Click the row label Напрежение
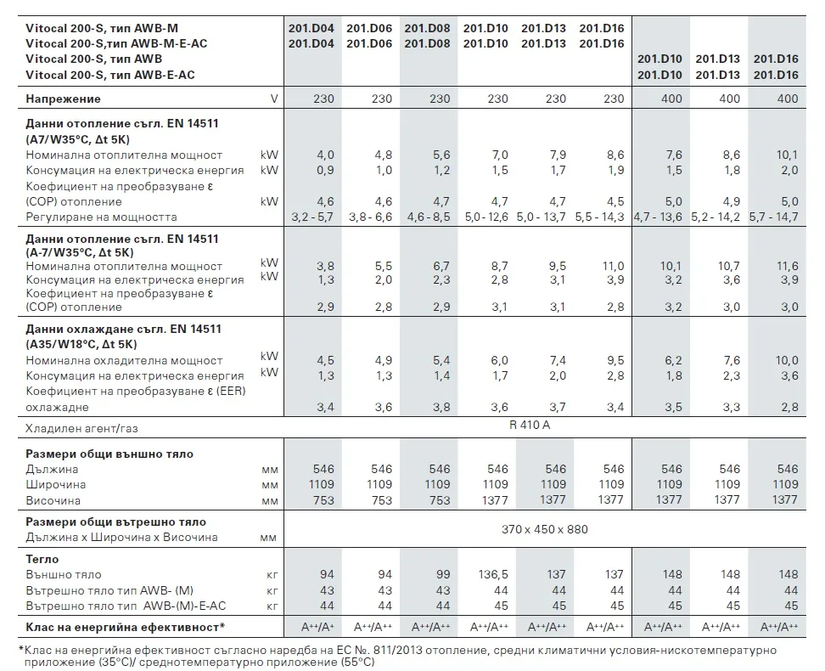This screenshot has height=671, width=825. (x=63, y=99)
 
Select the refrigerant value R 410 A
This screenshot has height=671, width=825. (x=530, y=425)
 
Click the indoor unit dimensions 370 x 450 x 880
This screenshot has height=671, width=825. (x=544, y=529)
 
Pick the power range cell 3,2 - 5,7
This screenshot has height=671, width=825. (x=312, y=217)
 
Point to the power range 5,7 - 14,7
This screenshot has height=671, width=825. (x=773, y=217)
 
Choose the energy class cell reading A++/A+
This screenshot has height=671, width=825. (x=317, y=627)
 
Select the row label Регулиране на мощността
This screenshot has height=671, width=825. (x=102, y=217)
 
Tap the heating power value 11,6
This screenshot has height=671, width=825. (x=787, y=266)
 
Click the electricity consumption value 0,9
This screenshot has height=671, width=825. (x=325, y=170)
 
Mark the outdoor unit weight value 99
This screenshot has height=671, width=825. (x=443, y=574)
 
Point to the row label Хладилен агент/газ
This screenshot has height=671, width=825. (x=82, y=428)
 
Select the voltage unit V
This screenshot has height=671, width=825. (x=273, y=99)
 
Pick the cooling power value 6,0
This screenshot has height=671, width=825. (x=499, y=360)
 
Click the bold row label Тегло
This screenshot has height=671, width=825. (x=42, y=559)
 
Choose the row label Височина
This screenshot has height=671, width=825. (x=53, y=499)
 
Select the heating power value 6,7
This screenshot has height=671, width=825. (x=441, y=266)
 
